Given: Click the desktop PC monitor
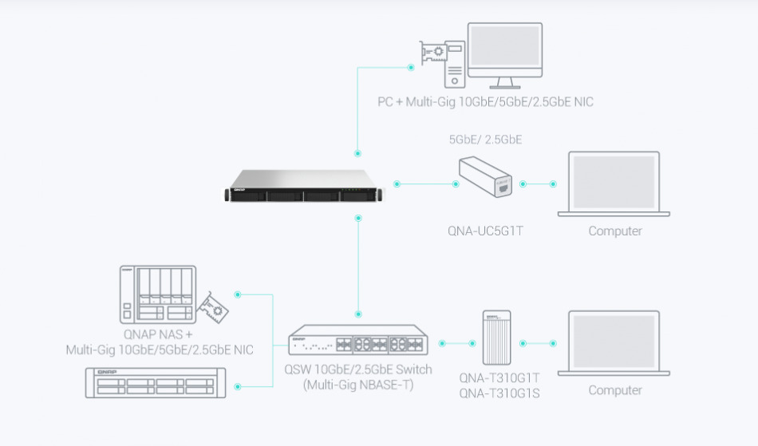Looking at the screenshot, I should [x=505, y=53].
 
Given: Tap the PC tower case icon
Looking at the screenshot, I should [x=454, y=65].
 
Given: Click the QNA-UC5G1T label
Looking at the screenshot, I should [x=485, y=231].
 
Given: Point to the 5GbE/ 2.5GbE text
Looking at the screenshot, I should [x=485, y=139].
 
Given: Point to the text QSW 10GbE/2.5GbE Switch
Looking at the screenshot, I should [x=358, y=369].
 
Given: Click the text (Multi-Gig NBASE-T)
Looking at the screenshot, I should [x=358, y=384].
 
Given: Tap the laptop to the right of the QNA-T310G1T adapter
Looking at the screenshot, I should [x=614, y=342].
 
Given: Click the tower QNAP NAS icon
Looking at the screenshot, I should [x=157, y=294].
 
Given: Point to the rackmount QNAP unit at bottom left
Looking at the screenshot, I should [x=155, y=383].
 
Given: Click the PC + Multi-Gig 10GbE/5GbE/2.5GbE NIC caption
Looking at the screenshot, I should [x=485, y=102].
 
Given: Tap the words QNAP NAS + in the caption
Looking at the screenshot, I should [x=158, y=334].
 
